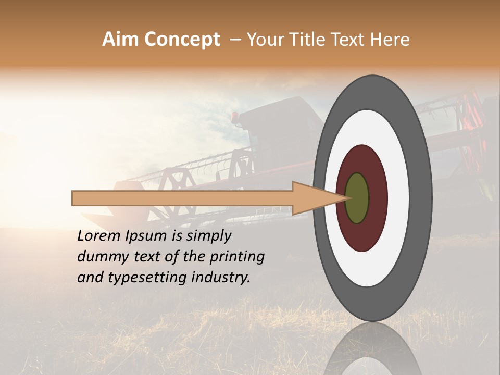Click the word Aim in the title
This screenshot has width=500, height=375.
pyautogui.click(x=120, y=40)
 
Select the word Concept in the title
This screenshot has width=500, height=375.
pyautogui.click(x=182, y=40)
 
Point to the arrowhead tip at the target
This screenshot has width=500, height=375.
pyautogui.click(x=348, y=198)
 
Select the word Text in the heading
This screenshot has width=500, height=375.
pyautogui.click(x=351, y=40)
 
